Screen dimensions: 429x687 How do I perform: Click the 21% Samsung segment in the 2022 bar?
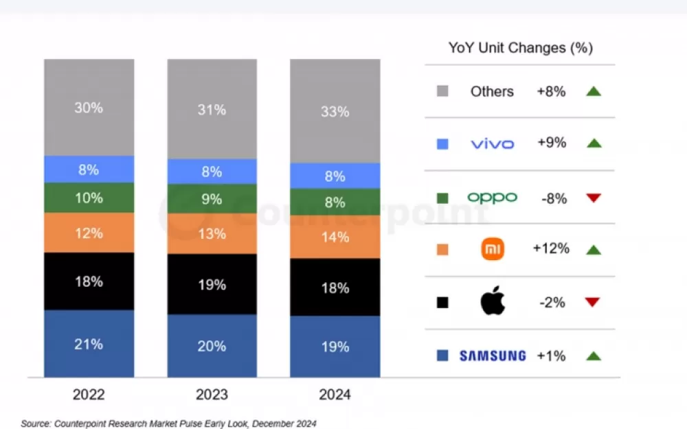point(89,343)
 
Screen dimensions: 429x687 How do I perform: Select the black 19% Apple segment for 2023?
point(212,284)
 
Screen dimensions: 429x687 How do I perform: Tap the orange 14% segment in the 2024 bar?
point(335,237)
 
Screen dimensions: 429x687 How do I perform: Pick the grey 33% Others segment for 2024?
point(335,111)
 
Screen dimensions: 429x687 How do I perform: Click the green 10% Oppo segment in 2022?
point(89,198)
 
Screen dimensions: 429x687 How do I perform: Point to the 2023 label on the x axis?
point(212,395)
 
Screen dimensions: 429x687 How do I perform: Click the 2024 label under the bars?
point(335,395)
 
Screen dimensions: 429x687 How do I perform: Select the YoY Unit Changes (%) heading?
point(520,47)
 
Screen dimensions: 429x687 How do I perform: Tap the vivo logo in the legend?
point(492,143)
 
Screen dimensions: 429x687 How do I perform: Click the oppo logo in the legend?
point(492,198)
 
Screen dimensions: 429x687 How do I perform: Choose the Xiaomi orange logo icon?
point(493,249)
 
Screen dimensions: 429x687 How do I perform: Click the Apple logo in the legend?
point(493,302)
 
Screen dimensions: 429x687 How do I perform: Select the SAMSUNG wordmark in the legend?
point(493,356)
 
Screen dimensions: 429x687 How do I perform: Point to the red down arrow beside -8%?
point(594,198)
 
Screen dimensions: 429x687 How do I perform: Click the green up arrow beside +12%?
point(594,250)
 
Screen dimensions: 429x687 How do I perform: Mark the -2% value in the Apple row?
point(552,302)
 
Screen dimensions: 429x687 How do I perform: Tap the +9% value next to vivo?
point(552,143)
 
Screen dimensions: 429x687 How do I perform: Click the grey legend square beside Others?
point(442,91)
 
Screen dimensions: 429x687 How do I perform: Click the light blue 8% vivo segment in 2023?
point(212,172)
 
